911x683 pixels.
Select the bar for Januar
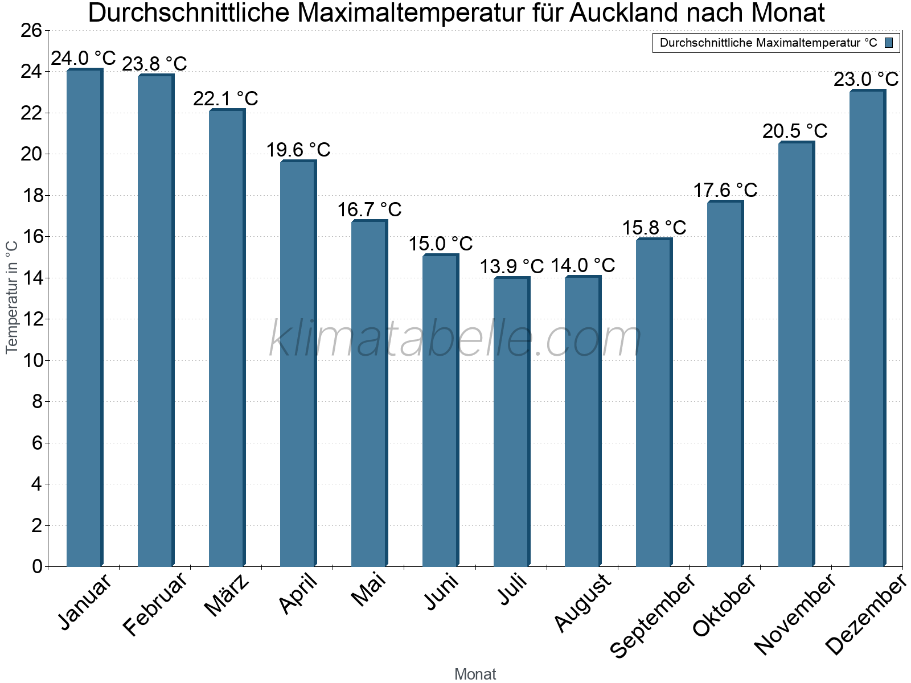84,319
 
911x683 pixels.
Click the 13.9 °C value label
511,266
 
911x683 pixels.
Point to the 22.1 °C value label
225,98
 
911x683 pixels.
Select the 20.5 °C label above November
795,131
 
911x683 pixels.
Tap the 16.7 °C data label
369,209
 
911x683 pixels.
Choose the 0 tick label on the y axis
38,566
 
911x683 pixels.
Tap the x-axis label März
227,595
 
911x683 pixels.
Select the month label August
582,603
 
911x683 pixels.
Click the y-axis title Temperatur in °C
12,297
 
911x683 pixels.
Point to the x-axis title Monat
475,674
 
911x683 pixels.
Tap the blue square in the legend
889,43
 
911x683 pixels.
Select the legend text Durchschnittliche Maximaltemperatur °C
768,43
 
